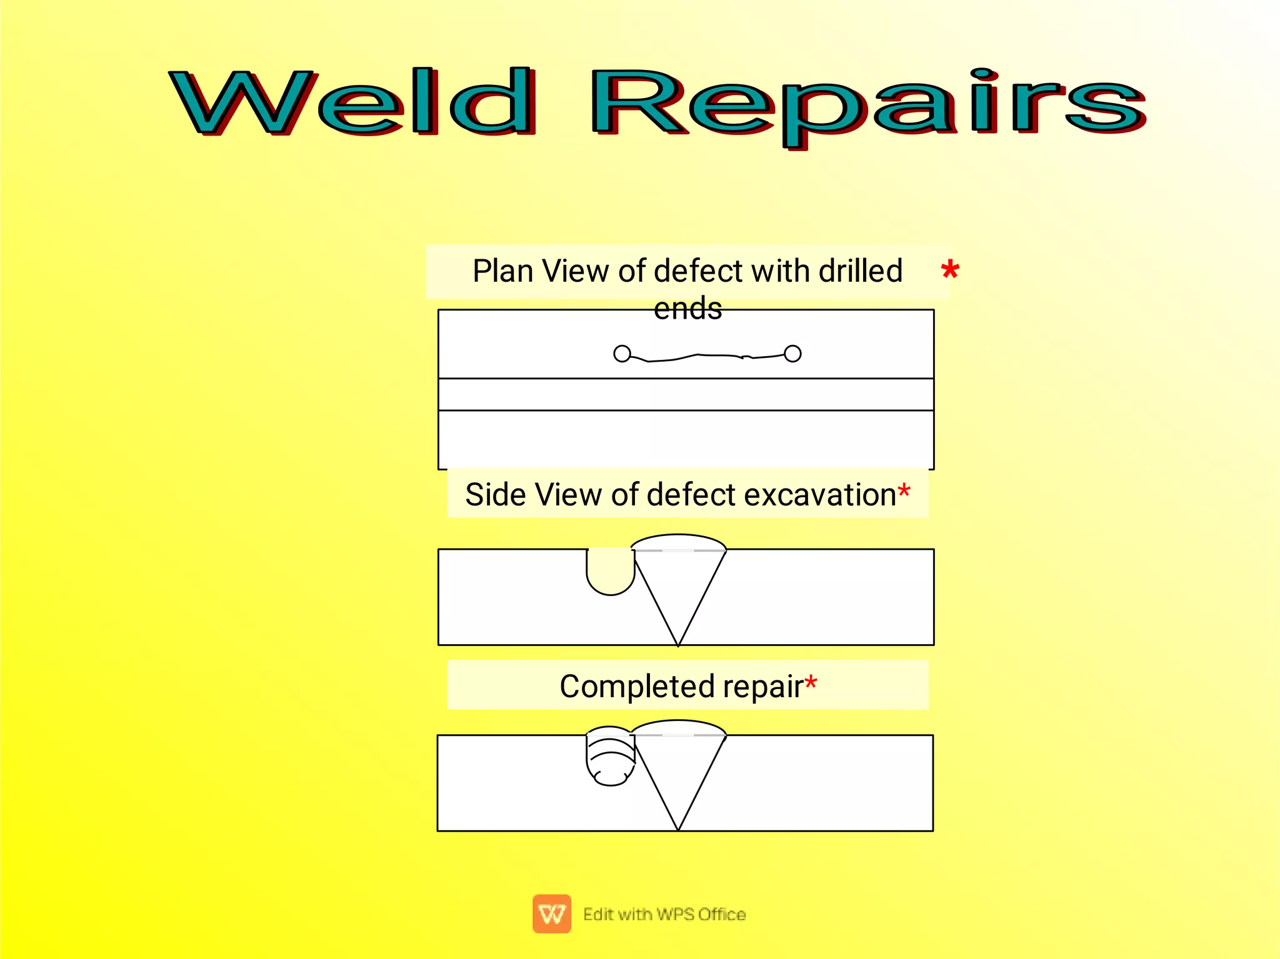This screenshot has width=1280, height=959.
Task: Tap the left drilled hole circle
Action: [x=622, y=354]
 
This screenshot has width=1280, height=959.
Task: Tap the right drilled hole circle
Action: [x=792, y=354]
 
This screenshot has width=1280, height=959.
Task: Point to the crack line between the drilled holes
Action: [x=706, y=357]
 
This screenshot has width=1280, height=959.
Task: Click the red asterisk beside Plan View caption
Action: [x=949, y=271]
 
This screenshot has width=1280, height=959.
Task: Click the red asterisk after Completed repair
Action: [x=811, y=682]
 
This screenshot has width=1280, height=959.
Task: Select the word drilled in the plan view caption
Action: [x=861, y=271]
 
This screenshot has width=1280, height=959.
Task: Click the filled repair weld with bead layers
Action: [x=611, y=757]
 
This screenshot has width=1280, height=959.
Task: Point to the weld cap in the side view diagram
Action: [x=679, y=542]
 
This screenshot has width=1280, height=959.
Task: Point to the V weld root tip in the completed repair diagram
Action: [x=678, y=828]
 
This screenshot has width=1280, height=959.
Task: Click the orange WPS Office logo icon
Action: [x=551, y=913]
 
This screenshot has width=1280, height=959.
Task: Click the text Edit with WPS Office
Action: [x=664, y=914]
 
